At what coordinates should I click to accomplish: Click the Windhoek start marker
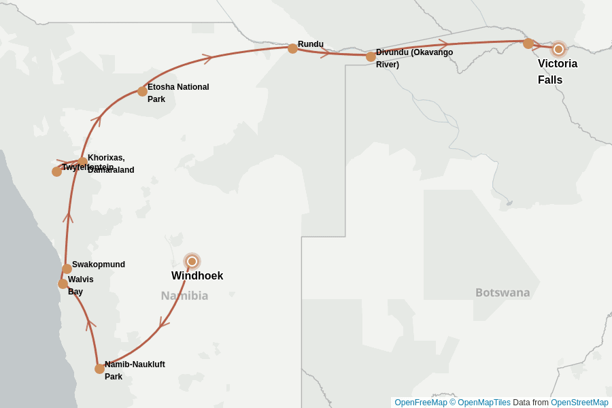point(192,261)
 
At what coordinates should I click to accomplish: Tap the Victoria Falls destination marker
point(558,49)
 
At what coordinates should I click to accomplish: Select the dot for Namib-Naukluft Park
point(99,369)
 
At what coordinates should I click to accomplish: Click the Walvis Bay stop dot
point(63,284)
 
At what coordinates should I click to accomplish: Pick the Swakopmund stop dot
point(67,269)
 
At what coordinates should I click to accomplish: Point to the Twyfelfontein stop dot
point(56,171)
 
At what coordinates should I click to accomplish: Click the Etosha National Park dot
point(142,91)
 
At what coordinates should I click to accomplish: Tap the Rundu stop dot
point(292,48)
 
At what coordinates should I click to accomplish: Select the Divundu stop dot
point(371,56)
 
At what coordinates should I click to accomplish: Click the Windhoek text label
point(197,276)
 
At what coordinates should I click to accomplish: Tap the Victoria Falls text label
point(558,71)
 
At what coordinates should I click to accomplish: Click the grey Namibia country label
point(184,296)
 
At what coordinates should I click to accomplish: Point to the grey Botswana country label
point(503,292)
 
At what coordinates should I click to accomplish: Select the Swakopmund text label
point(99,265)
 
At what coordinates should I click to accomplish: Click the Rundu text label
point(311,44)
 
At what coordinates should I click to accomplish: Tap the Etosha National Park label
point(178,93)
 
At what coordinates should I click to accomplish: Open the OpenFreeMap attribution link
point(421,403)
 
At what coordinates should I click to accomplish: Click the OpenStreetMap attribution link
point(579,403)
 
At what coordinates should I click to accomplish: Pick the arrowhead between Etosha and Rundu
point(208,58)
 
